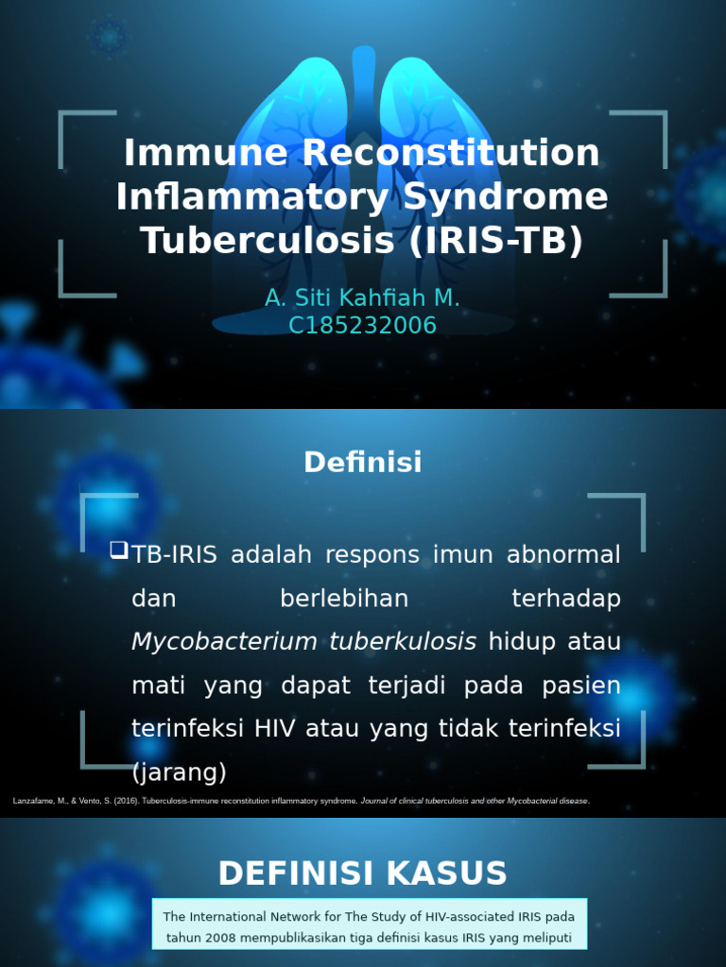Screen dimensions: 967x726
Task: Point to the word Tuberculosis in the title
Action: tap(268, 242)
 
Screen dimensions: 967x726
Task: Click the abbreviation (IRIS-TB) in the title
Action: tap(496, 242)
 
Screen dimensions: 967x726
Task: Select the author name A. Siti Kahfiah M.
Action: tap(362, 298)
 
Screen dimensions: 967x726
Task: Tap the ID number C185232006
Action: tap(362, 326)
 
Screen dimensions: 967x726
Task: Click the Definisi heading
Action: tap(362, 463)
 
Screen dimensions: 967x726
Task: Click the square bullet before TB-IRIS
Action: tap(118, 550)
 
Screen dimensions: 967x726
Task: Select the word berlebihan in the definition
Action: tap(344, 599)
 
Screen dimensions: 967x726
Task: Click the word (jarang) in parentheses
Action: tap(180, 773)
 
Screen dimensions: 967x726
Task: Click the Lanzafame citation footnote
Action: tap(301, 801)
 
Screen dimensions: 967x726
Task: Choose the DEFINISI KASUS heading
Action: tap(362, 874)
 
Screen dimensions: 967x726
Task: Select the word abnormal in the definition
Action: tap(563, 554)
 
